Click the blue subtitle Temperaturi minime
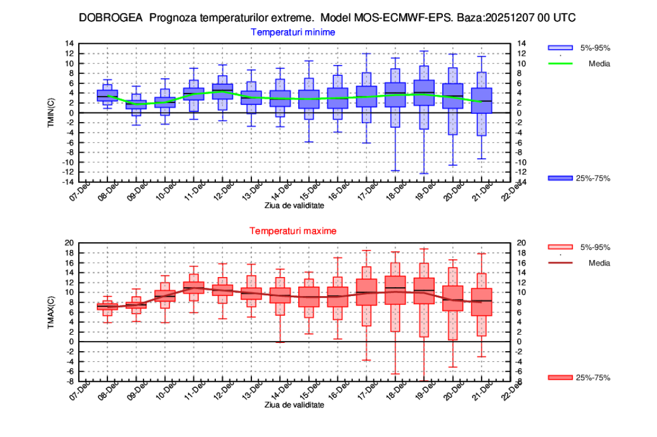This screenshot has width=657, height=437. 293,32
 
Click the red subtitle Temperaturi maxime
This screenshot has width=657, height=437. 293,231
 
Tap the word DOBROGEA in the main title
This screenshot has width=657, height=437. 111,18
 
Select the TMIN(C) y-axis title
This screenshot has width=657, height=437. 67,113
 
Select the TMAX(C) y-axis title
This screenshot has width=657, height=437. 67,312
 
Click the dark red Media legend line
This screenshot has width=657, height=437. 560,262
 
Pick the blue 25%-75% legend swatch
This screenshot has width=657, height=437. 560,178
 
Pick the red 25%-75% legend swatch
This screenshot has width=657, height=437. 560,377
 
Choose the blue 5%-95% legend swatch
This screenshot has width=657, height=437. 560,47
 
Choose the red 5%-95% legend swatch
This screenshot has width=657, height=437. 560,247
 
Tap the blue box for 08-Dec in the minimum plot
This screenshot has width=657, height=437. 107,96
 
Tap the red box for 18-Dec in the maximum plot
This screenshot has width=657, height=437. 395,290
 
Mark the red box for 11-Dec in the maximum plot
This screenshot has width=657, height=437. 193,288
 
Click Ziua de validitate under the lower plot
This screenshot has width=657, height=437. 294,405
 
